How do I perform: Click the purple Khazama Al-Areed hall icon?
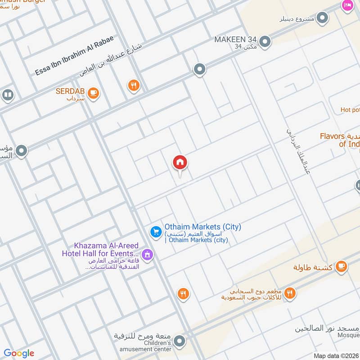(147, 255)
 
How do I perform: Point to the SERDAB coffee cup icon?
(93, 93)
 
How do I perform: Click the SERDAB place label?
(70, 91)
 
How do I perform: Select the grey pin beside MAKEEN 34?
(265, 42)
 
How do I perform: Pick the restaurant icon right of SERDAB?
(134, 85)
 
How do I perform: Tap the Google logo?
(19, 353)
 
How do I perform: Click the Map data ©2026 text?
(337, 355)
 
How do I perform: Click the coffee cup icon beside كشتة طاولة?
(342, 266)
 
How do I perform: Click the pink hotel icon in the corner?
(347, 5)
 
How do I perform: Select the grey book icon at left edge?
(7, 95)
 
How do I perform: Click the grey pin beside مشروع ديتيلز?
(322, 18)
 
